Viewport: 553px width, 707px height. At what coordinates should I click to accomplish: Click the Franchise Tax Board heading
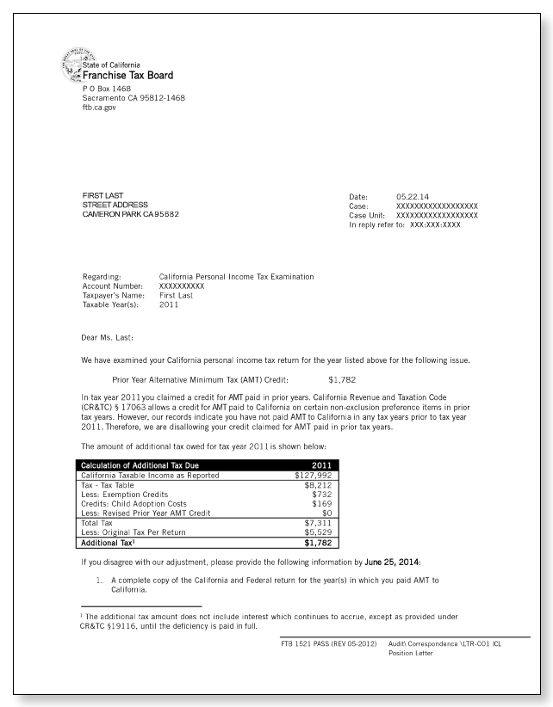click(127, 75)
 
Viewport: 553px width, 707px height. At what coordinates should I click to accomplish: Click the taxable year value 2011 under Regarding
click(170, 304)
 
